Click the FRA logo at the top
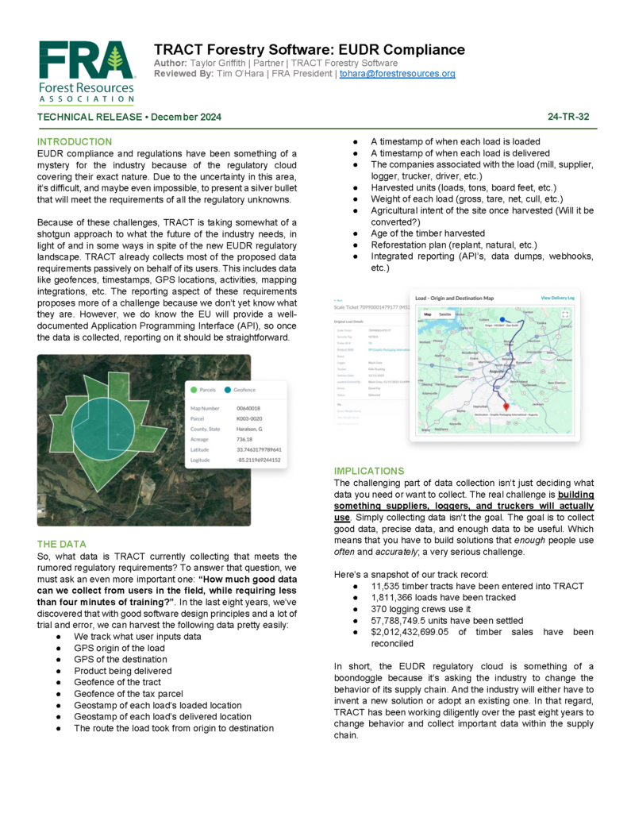click(87, 71)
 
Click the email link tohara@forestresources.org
click(397, 74)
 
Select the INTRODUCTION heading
click(75, 141)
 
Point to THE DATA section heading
click(62, 544)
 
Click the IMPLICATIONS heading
click(369, 471)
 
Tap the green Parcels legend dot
click(192, 390)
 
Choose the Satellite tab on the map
click(446, 314)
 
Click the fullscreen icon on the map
click(565, 314)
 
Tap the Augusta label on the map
click(498, 371)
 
